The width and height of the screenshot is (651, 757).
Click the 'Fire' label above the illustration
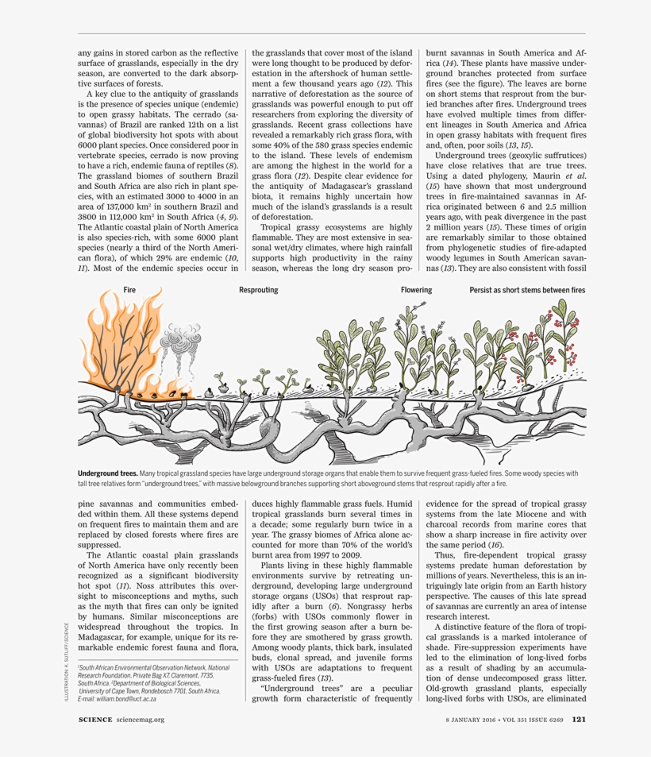click(x=130, y=291)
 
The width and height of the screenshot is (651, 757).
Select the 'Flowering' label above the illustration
click(x=416, y=291)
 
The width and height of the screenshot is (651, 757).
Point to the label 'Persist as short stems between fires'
click(x=527, y=291)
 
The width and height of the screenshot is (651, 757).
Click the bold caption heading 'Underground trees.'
click(x=107, y=473)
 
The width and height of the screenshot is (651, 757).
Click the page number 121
click(x=579, y=720)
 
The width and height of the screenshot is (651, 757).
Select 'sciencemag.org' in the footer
click(x=141, y=720)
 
